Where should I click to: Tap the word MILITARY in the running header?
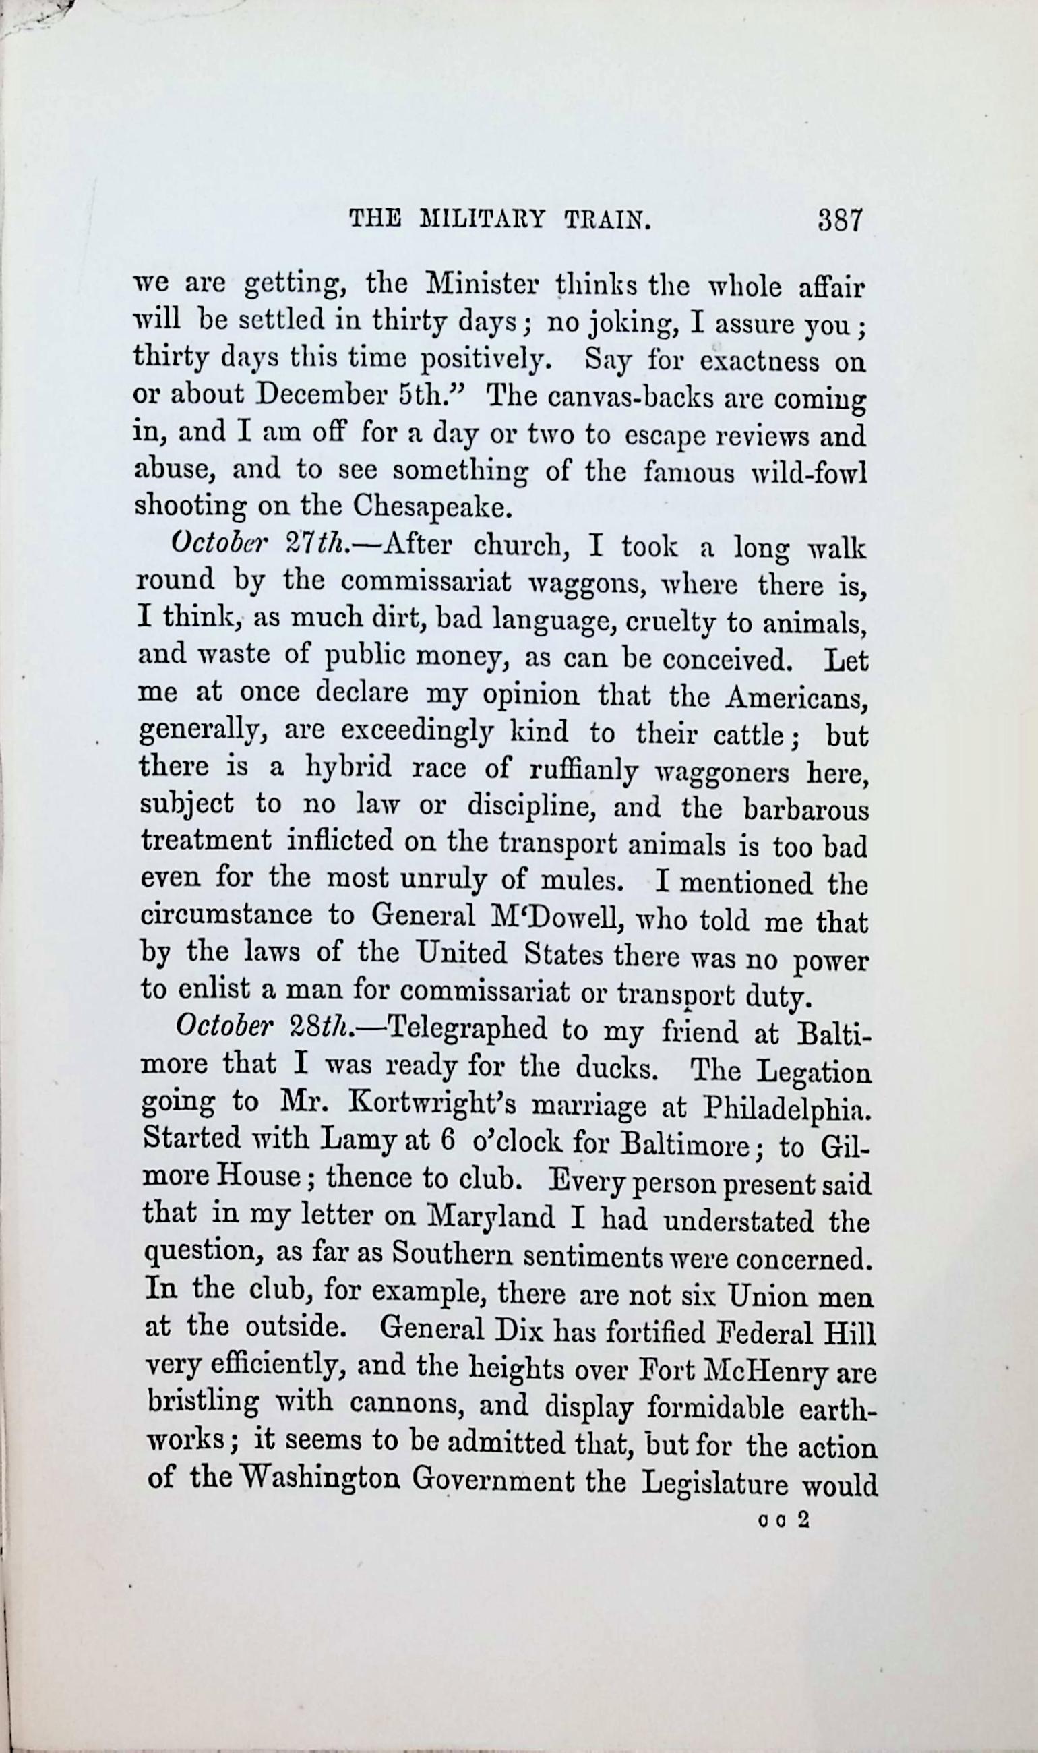(x=482, y=221)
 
